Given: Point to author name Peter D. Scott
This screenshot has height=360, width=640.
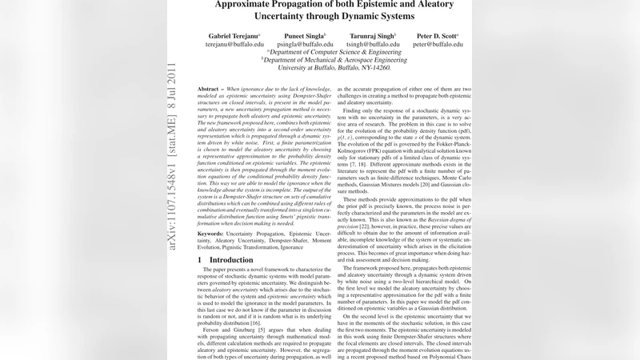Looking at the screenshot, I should (437, 37).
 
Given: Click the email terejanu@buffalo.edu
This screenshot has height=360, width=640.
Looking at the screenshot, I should (234, 46).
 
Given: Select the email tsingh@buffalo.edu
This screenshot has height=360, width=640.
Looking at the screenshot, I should (372, 46).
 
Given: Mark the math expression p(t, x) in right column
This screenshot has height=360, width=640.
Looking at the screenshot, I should (350, 138).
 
